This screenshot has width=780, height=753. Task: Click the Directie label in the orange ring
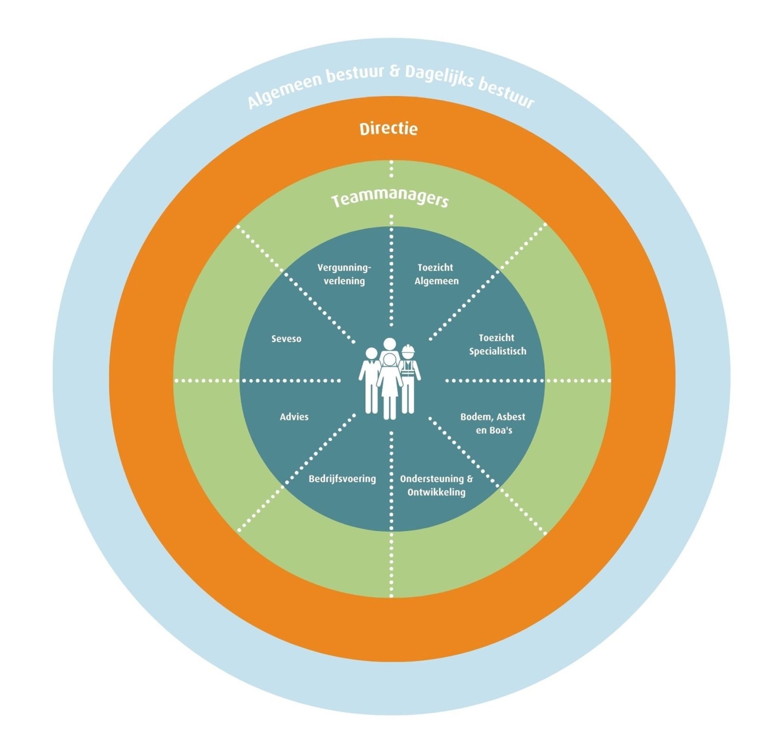click(x=388, y=129)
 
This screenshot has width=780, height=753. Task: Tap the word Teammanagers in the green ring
click(x=390, y=200)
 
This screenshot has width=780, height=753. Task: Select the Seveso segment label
click(x=286, y=339)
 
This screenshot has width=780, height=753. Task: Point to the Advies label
click(x=294, y=416)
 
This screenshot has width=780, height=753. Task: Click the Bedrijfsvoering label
click(x=342, y=479)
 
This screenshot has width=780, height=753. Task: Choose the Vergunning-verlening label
click(x=344, y=274)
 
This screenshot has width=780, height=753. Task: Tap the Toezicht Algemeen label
click(x=436, y=274)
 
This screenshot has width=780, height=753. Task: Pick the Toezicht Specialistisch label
click(x=497, y=344)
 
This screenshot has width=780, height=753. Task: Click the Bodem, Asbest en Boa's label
click(x=493, y=423)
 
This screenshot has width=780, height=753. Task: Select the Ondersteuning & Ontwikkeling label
click(x=436, y=485)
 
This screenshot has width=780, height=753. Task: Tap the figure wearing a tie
click(x=371, y=382)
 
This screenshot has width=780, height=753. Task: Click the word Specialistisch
click(x=498, y=351)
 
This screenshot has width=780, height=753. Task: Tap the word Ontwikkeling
click(x=436, y=492)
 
